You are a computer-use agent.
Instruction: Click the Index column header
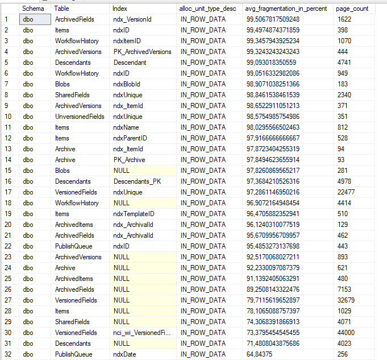[120, 9]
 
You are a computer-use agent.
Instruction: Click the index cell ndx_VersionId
[132, 19]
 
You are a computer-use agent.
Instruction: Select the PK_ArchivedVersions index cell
[142, 52]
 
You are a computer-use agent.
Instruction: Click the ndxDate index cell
[125, 354]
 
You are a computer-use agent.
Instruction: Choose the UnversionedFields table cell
[79, 117]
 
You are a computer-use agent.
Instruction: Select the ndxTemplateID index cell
[134, 214]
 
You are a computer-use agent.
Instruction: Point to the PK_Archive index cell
[129, 160]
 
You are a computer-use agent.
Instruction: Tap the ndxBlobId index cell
[126, 84]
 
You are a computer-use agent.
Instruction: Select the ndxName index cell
[126, 127]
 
